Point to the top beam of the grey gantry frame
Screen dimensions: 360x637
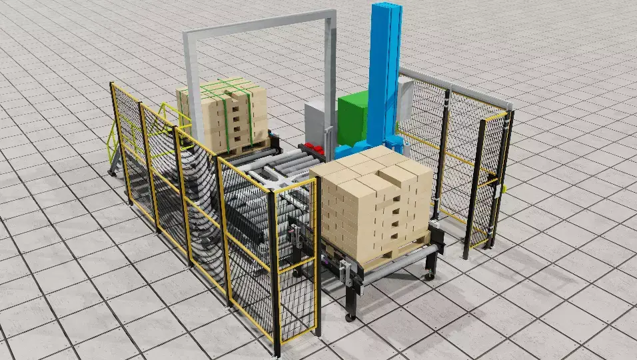pos(260,24)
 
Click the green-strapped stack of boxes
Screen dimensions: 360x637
pos(223,113)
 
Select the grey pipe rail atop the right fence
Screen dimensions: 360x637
pos(453,87)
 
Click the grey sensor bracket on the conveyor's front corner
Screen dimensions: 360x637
pos(344,271)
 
